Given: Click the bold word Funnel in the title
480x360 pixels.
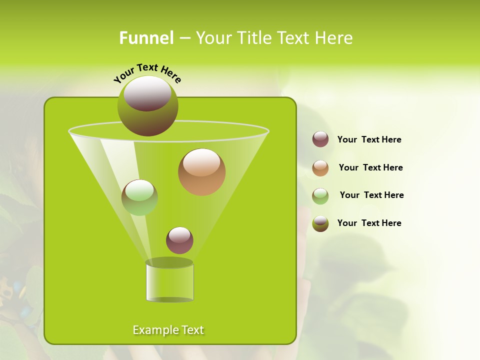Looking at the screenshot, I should (146, 38).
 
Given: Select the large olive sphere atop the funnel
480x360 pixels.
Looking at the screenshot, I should (147, 106).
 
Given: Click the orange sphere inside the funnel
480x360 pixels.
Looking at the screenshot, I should (201, 172).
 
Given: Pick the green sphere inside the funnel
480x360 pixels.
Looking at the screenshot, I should (139, 197).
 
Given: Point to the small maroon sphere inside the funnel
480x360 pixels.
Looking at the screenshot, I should (179, 240).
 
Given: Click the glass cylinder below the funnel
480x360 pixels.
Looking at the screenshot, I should (169, 282).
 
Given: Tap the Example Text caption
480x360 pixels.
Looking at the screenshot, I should (168, 330).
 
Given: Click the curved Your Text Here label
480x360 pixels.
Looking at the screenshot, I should (147, 72).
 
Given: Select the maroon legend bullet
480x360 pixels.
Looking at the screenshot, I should (320, 139).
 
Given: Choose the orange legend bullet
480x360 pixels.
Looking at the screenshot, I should (320, 168).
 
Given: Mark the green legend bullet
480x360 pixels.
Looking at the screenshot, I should (320, 196).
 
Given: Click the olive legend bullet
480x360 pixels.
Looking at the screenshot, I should (320, 223).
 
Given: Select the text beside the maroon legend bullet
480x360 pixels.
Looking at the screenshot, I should (369, 140).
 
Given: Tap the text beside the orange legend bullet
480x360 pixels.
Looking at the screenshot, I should (370, 167).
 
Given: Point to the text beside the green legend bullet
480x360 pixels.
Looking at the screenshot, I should (371, 195).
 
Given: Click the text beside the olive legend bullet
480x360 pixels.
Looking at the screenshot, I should (369, 223).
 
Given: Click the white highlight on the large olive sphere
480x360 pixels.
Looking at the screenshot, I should (147, 93).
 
